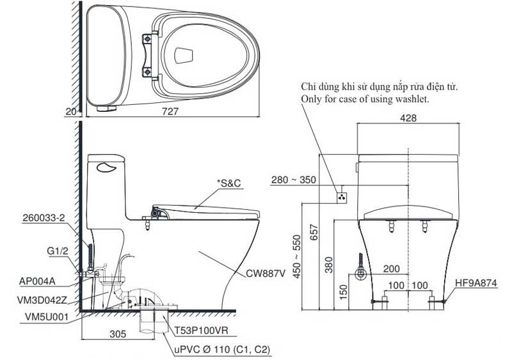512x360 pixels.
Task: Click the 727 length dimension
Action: point(170,111)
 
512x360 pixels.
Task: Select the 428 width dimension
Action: point(408,118)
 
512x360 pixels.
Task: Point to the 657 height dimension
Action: point(314,232)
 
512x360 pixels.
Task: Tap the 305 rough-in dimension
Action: point(118,334)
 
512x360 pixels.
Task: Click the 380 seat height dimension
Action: point(329,264)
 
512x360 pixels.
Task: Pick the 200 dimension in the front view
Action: point(391,269)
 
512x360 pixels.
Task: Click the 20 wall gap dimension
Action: point(71,112)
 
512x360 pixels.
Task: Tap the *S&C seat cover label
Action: point(229,184)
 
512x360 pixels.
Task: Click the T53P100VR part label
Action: point(201,331)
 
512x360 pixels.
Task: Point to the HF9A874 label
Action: point(476,283)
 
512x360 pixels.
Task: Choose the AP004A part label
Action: point(37,281)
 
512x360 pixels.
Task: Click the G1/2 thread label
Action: point(58,251)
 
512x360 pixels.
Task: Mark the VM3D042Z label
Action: point(42,299)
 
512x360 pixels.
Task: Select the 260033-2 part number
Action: point(44,218)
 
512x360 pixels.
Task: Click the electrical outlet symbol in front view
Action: point(342,197)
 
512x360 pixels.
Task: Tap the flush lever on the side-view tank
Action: point(106,168)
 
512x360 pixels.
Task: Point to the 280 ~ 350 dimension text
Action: point(294,180)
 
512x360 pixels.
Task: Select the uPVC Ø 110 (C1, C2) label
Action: point(222,350)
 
